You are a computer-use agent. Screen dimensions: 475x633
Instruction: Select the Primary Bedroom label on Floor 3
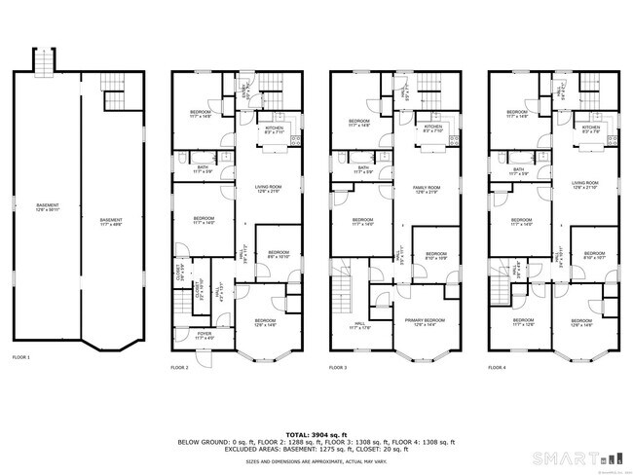[429, 322]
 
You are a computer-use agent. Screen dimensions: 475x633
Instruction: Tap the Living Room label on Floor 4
[585, 184]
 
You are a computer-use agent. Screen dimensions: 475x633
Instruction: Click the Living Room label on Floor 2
[269, 189]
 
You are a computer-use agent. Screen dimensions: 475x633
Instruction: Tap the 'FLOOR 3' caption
[338, 368]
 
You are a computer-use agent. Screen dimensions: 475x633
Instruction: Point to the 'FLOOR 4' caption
[497, 368]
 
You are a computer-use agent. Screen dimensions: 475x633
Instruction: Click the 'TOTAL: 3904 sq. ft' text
[316, 434]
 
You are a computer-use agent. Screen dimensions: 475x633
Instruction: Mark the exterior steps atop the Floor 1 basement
[43, 63]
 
